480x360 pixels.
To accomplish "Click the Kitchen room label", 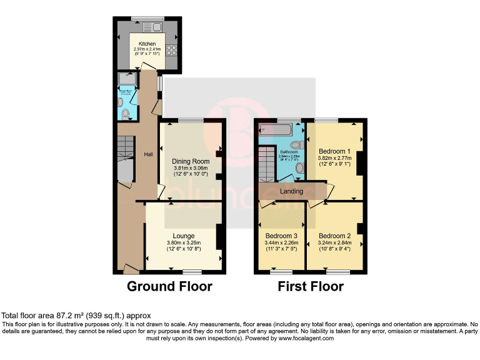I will click(147, 44).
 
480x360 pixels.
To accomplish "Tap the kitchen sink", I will click(152, 27).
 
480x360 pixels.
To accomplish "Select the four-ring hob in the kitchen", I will click(172, 52).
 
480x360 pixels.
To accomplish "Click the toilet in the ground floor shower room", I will click(126, 114).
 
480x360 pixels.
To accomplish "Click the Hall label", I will click(149, 154).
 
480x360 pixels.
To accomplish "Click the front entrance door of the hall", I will click(131, 269).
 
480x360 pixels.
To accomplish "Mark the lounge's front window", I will click(192, 272).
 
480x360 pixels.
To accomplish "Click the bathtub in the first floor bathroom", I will click(273, 131).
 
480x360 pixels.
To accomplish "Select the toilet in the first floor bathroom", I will click(296, 145).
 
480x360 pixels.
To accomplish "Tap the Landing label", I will click(291, 191).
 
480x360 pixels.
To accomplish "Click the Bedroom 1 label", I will click(334, 151).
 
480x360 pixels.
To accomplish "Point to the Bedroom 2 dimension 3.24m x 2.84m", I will click(334, 243).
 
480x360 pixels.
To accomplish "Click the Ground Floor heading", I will click(169, 287).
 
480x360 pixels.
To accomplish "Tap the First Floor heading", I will click(311, 287).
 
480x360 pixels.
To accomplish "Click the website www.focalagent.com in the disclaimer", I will click(302, 338).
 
